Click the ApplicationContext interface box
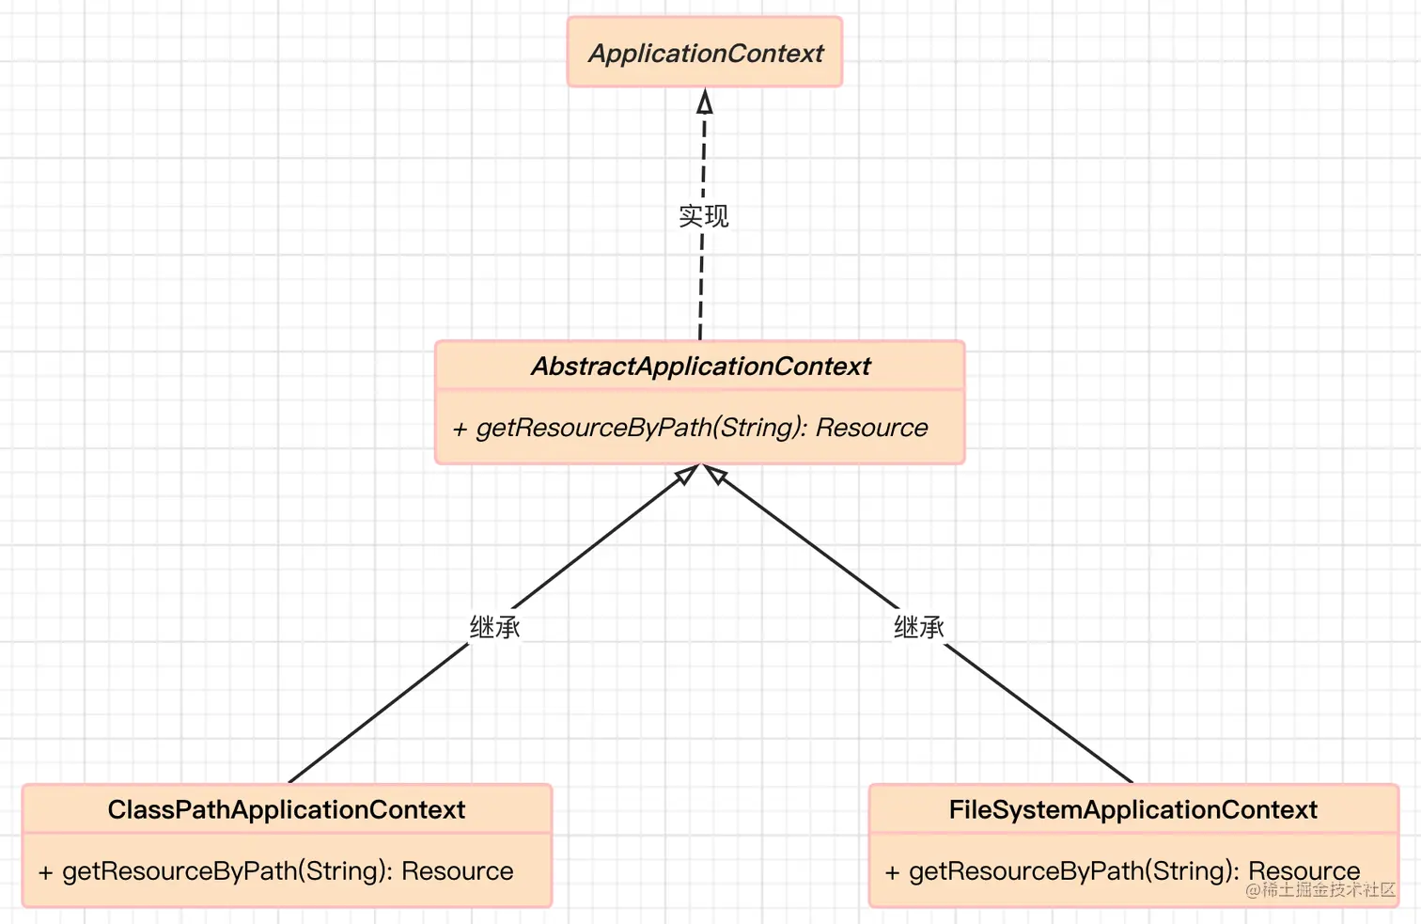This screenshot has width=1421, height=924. click(705, 53)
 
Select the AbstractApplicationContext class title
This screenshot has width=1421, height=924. click(700, 366)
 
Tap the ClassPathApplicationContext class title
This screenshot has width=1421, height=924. click(287, 809)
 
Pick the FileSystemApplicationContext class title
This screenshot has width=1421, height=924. click(1132, 809)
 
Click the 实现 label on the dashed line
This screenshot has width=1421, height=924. click(703, 216)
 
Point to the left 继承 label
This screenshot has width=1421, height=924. click(494, 627)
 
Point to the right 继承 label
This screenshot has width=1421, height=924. click(918, 627)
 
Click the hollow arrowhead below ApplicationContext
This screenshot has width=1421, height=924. click(705, 102)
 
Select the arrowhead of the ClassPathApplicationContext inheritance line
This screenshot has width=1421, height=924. click(687, 475)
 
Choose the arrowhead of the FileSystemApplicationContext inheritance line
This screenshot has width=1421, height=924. click(716, 475)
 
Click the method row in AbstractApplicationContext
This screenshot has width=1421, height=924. click(700, 428)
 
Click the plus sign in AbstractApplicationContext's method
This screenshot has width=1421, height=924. click(460, 430)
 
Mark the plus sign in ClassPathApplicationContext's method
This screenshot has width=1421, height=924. click(45, 872)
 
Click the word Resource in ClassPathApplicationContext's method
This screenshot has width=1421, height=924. click(457, 871)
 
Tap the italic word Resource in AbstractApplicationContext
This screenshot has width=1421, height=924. click(871, 428)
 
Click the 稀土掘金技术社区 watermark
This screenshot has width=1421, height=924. click(1320, 889)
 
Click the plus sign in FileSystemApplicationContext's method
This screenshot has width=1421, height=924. click(892, 872)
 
